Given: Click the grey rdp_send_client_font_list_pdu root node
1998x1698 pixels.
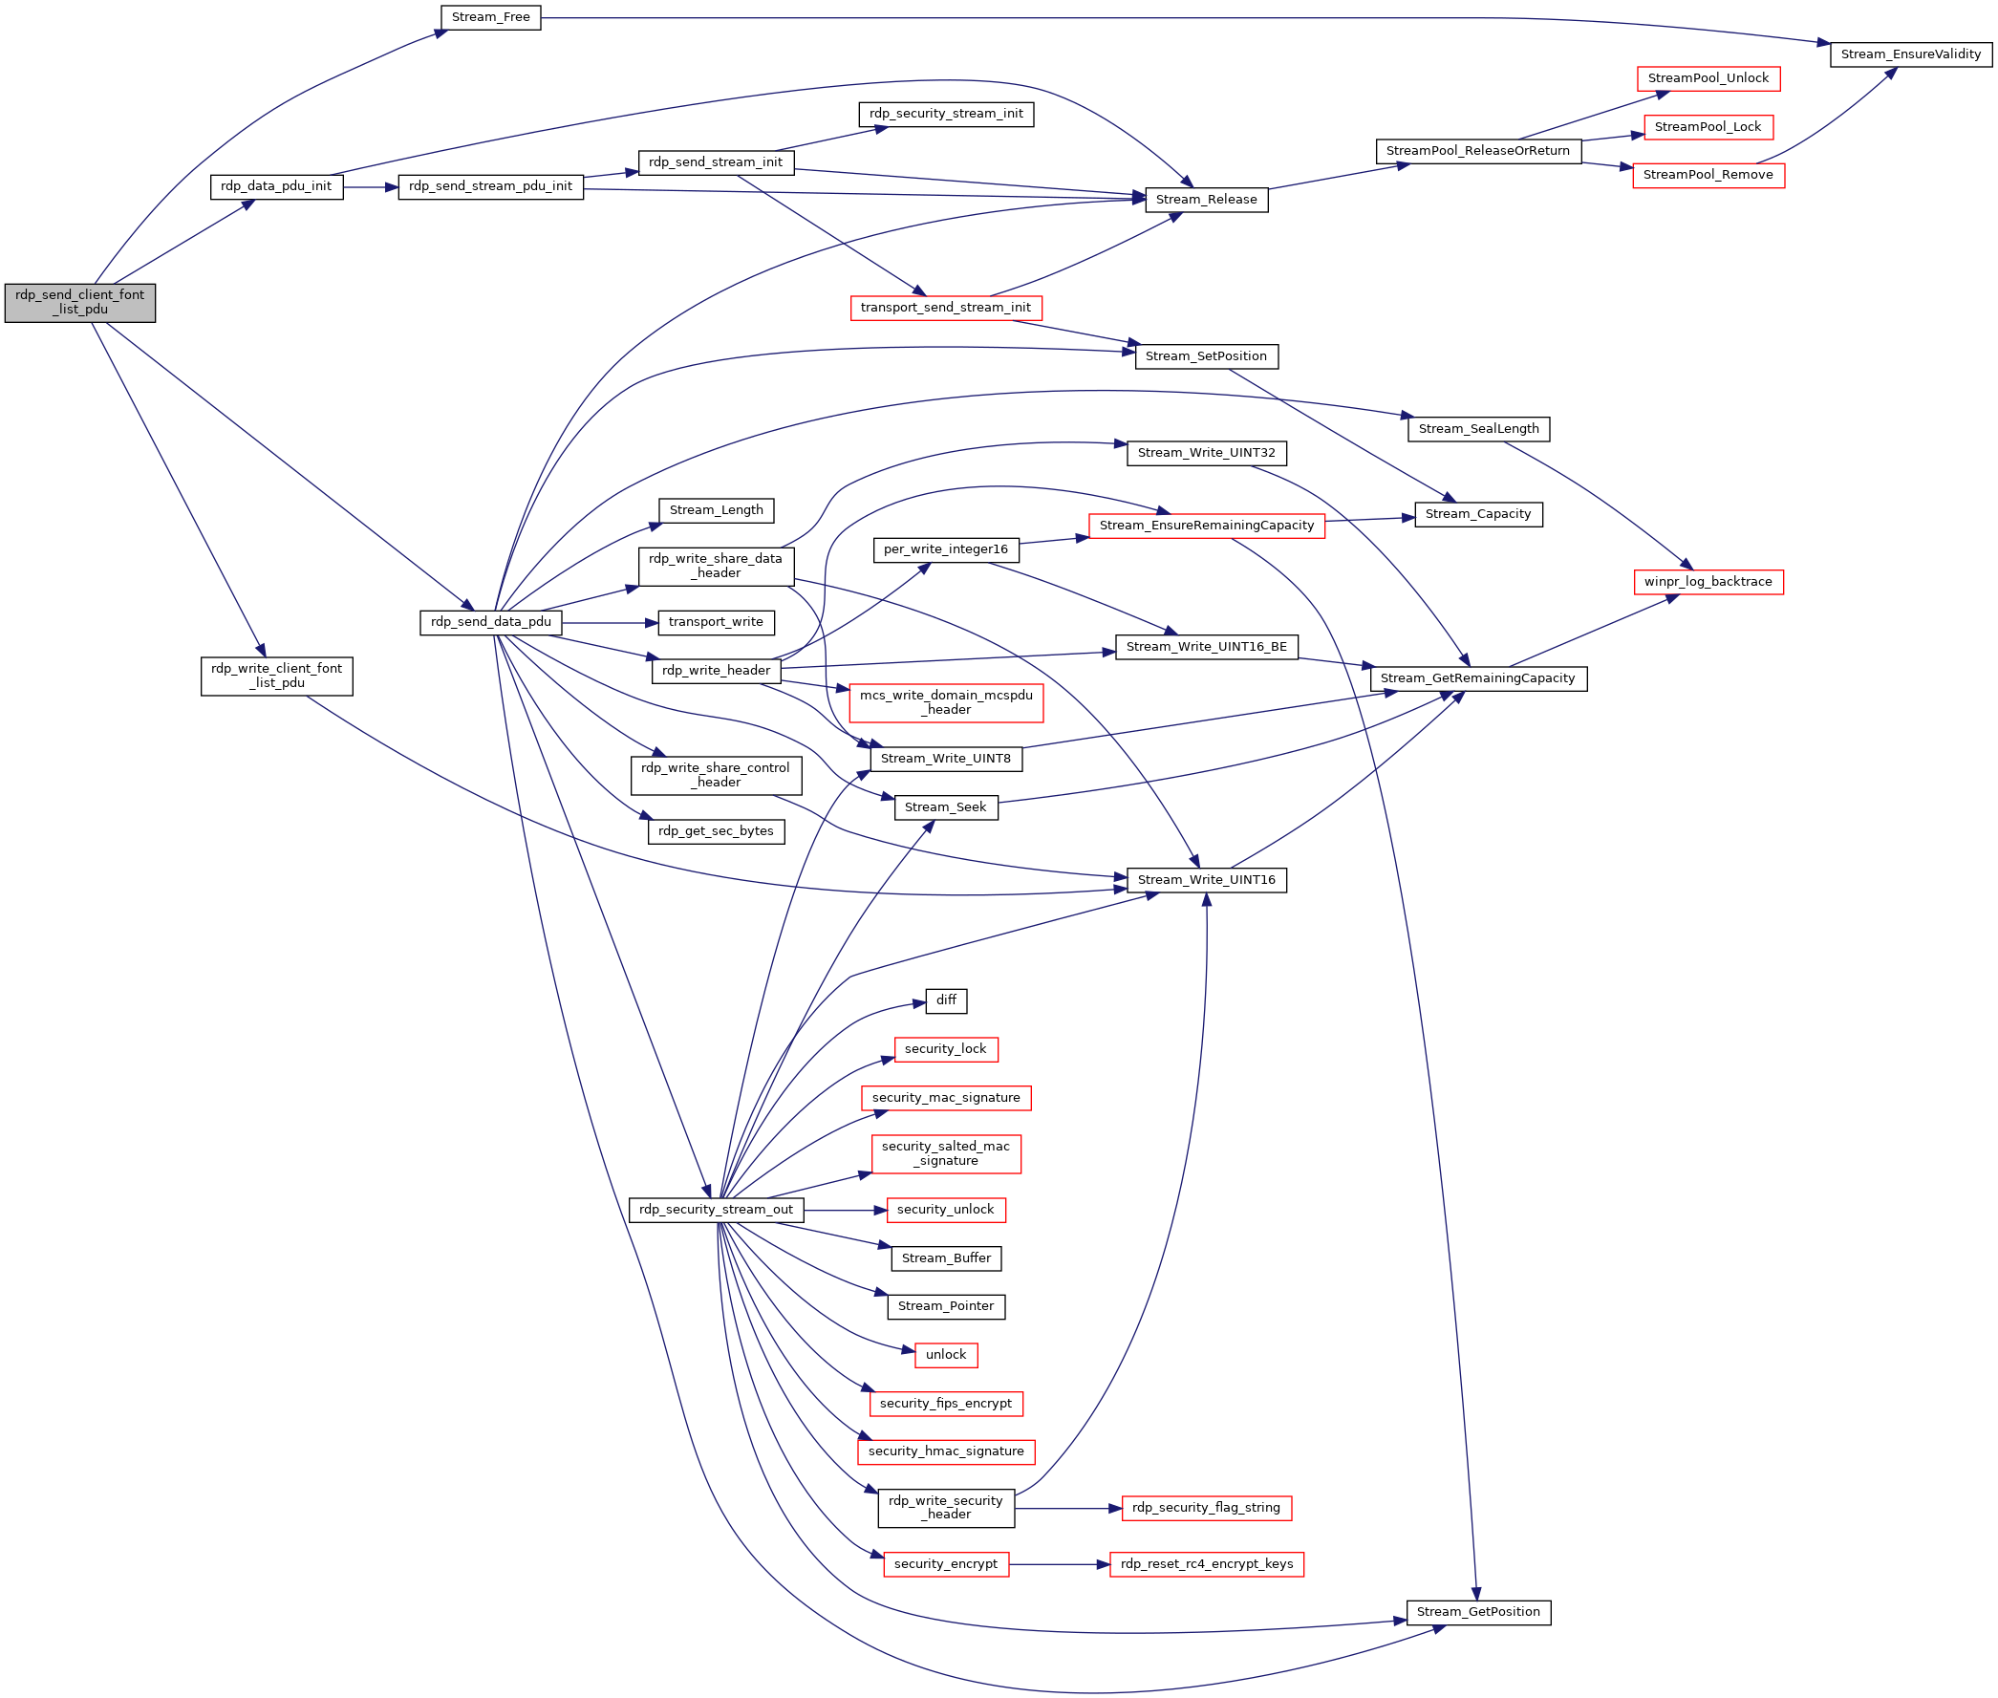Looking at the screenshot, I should click(79, 303).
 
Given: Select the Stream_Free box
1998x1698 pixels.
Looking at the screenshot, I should click(490, 17).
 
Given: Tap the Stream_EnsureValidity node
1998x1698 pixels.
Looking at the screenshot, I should click(1909, 54).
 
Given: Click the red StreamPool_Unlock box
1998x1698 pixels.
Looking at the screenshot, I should click(1708, 79).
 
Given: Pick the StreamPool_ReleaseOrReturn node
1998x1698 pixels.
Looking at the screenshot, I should click(1477, 151).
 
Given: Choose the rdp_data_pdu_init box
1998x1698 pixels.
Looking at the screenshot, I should click(276, 186).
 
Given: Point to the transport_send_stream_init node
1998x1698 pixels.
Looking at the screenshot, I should click(945, 308).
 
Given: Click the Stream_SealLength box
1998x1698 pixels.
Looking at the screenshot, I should click(1477, 429).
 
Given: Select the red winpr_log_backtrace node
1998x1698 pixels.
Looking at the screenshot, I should click(1708, 582).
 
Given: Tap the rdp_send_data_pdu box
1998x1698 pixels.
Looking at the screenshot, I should click(490, 623).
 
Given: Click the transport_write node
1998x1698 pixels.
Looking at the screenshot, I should click(715, 623).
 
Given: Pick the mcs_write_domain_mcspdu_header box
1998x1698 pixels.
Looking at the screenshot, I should click(945, 702).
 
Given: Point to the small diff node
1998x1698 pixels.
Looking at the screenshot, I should click(945, 1001).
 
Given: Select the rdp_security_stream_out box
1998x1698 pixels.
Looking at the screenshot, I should click(715, 1210).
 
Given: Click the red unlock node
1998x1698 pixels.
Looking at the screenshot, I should click(945, 1355).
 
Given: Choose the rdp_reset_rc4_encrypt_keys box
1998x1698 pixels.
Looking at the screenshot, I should click(1206, 1564).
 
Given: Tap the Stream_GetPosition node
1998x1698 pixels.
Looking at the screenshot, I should click(1477, 1612).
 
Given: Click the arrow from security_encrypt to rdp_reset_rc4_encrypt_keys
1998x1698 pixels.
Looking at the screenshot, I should click(1059, 1564).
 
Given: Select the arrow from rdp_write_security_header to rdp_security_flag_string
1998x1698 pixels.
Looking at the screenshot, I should click(1068, 1509).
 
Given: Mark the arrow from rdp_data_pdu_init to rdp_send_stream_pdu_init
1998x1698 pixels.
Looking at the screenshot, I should click(371, 186).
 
